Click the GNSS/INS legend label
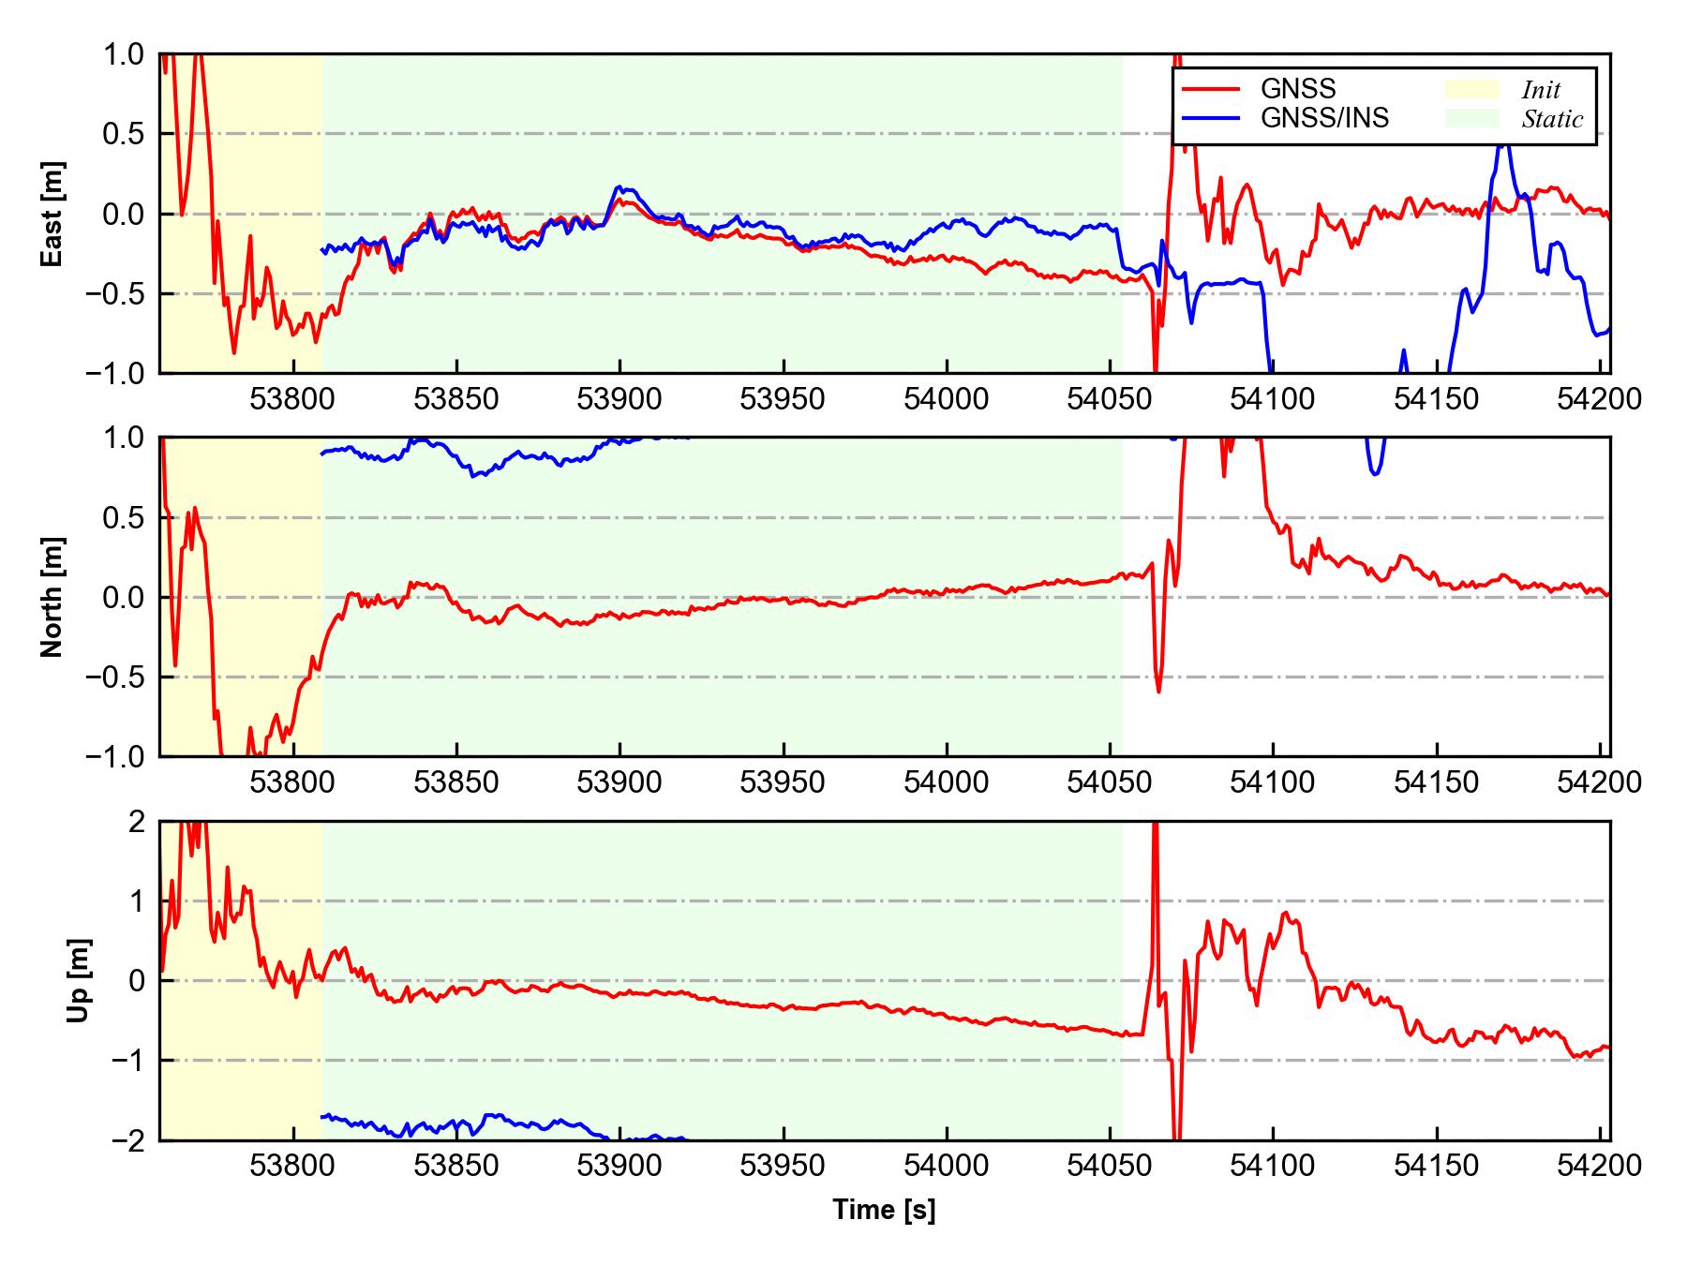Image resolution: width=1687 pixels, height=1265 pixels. pyautogui.click(x=1324, y=119)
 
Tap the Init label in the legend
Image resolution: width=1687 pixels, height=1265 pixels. pyautogui.click(x=1541, y=90)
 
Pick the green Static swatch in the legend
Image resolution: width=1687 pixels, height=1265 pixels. pyautogui.click(x=1472, y=119)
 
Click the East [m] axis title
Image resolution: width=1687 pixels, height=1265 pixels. pyautogui.click(x=52, y=214)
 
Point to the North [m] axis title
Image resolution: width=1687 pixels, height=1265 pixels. pyautogui.click(x=52, y=597)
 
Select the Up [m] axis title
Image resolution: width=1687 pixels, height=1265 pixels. pyautogui.click(x=79, y=980)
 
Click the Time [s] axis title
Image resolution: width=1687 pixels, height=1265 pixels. pyautogui.click(x=884, y=1210)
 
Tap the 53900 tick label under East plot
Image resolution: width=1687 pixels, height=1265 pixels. pyautogui.click(x=620, y=400)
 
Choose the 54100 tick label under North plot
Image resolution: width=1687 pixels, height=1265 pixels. pyautogui.click(x=1273, y=782)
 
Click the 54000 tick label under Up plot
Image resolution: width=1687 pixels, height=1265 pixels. pyautogui.click(x=946, y=1166)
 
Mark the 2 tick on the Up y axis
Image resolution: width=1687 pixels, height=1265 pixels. pyautogui.click(x=137, y=822)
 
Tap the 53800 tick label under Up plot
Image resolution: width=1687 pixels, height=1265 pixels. pyautogui.click(x=293, y=1166)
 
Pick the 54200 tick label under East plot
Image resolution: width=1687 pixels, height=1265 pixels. pyautogui.click(x=1599, y=400)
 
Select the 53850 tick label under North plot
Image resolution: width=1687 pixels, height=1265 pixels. pyautogui.click(x=456, y=782)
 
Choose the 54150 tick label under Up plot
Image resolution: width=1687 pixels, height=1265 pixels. pyautogui.click(x=1436, y=1166)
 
